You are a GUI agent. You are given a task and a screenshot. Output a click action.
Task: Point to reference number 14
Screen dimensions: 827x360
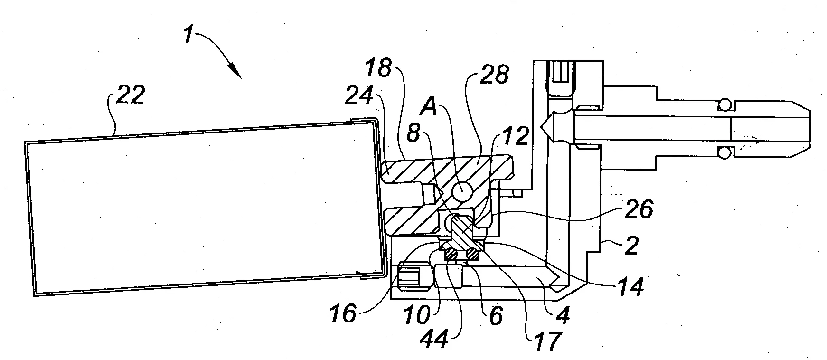[630, 286]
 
